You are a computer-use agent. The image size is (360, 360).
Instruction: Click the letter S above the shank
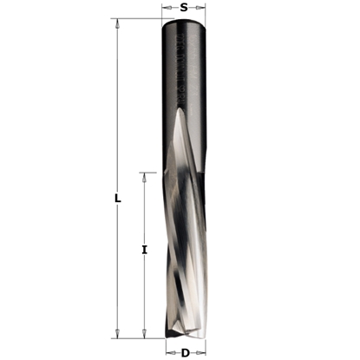(184, 8)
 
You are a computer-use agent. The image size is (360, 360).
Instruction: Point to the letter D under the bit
(185, 352)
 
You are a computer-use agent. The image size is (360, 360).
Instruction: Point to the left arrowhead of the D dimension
(164, 352)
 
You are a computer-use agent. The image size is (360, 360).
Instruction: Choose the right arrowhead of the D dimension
(205, 352)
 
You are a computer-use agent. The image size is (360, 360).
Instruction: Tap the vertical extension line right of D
(207, 347)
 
